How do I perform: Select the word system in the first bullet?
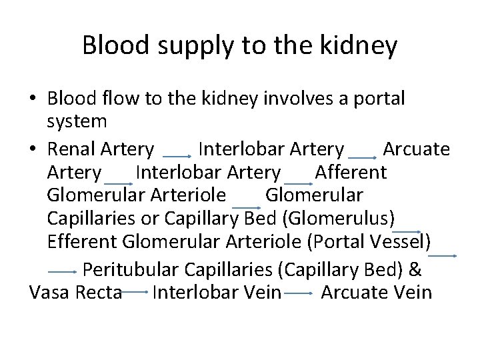click(x=77, y=121)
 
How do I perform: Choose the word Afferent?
click(x=350, y=172)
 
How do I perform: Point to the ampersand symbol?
click(x=415, y=269)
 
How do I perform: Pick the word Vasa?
click(x=49, y=293)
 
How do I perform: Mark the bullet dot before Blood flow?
click(x=33, y=99)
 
